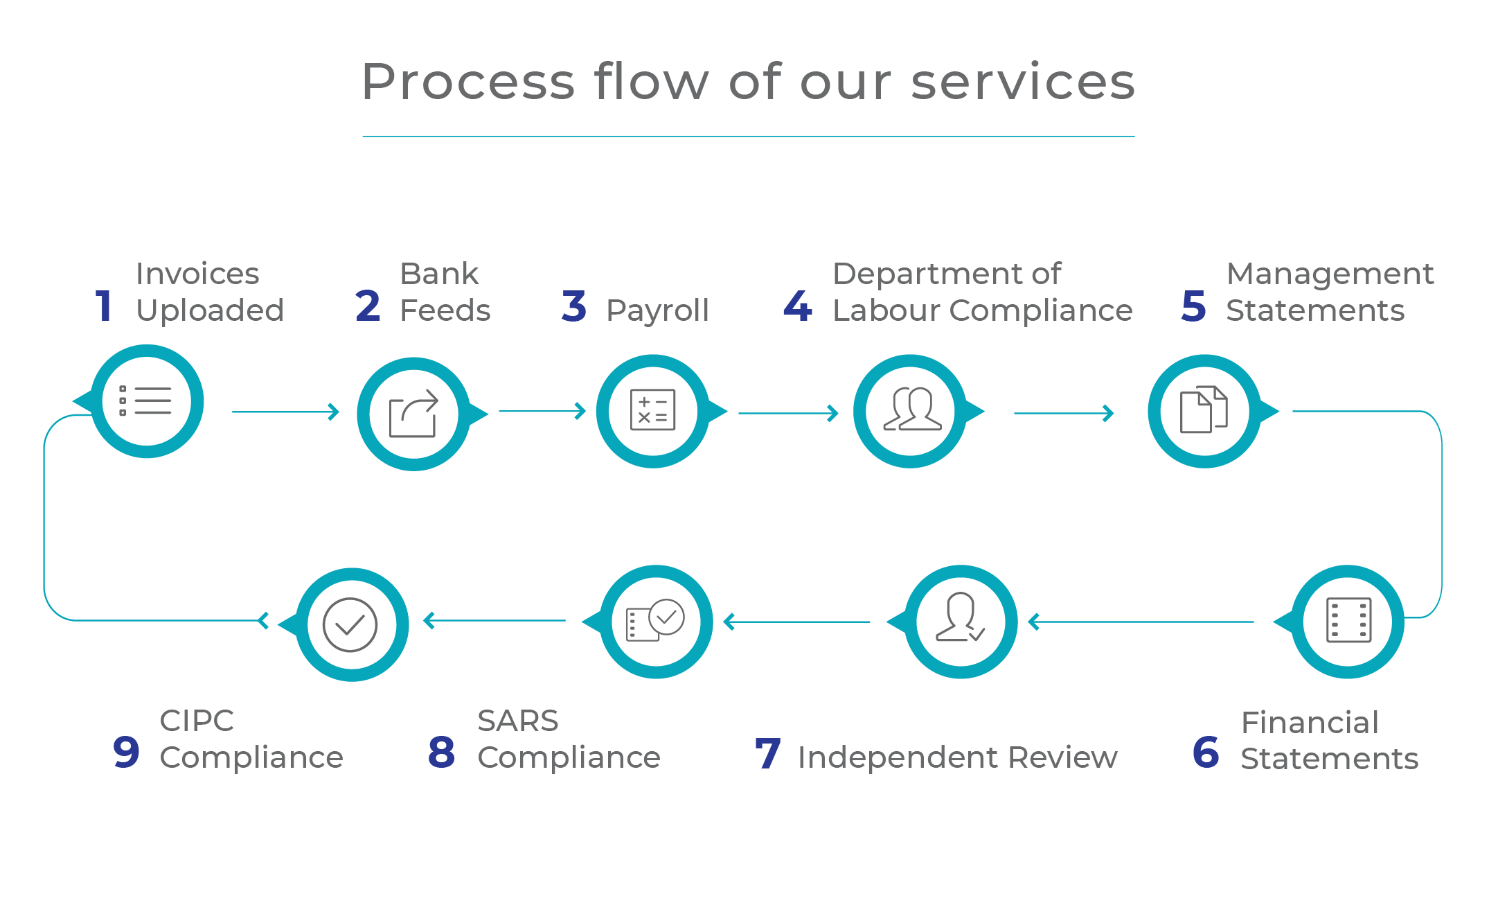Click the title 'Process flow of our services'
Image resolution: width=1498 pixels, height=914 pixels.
click(x=748, y=82)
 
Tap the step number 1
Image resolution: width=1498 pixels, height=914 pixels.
click(x=104, y=306)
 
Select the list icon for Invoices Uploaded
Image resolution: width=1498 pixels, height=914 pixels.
click(x=145, y=401)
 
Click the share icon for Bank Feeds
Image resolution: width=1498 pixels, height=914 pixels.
click(x=413, y=414)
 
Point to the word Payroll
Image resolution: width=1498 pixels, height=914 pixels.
click(x=657, y=310)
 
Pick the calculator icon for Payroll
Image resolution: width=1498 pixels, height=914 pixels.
click(x=652, y=410)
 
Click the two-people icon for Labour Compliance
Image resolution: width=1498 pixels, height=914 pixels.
click(x=912, y=409)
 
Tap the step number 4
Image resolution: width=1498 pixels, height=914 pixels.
click(x=797, y=306)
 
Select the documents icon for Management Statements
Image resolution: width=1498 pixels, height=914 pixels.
click(x=1204, y=410)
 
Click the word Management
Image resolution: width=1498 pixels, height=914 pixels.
click(x=1330, y=274)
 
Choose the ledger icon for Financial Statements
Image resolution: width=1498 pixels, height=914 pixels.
click(x=1348, y=620)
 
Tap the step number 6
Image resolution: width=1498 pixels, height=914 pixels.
click(x=1206, y=753)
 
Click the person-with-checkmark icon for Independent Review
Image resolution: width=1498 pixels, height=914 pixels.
click(x=960, y=617)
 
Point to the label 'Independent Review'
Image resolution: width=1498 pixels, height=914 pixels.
click(x=957, y=757)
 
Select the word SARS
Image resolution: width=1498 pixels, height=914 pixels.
click(x=517, y=721)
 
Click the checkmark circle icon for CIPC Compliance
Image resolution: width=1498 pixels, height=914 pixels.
click(x=350, y=625)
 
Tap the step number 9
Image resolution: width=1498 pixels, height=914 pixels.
click(x=126, y=753)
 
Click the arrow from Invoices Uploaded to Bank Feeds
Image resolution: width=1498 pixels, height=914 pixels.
click(x=285, y=412)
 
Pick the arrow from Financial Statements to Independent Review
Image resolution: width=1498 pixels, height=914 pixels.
click(x=1141, y=622)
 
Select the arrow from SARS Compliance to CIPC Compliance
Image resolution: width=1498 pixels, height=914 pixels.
click(x=494, y=620)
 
